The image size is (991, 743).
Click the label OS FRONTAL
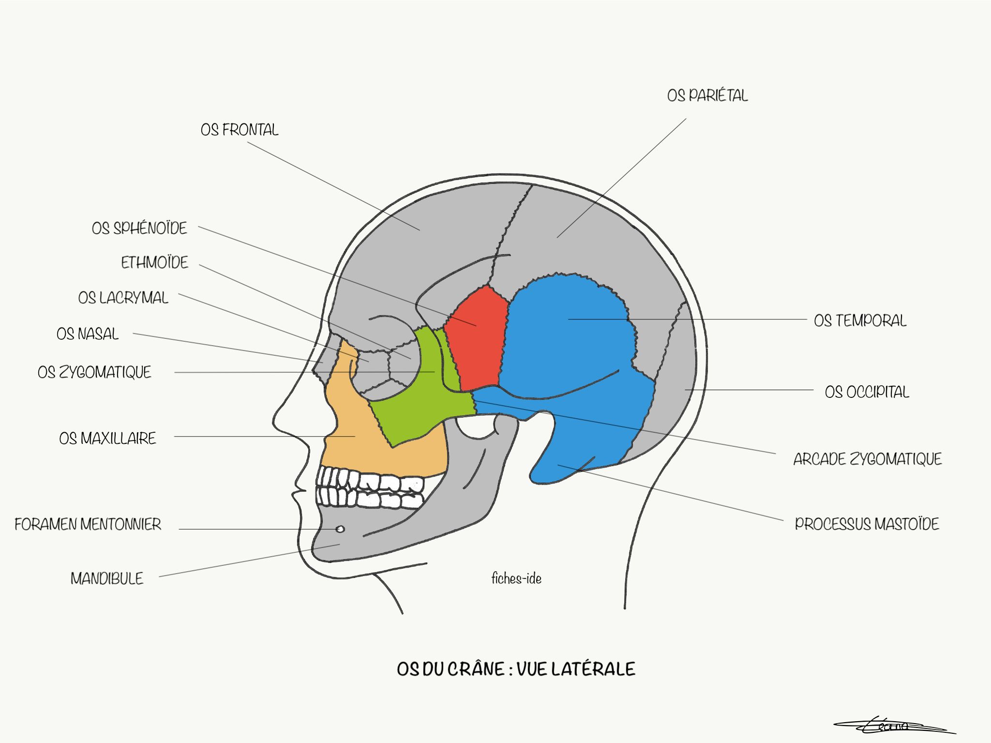[x=240, y=130]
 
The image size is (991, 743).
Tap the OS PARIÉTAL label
[x=707, y=95]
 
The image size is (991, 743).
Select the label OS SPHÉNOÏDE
[x=139, y=228]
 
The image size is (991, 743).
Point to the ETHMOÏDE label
[x=154, y=262]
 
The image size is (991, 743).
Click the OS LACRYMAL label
[x=123, y=298]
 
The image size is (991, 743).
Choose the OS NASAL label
[x=88, y=334]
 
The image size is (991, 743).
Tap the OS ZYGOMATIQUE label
[x=94, y=372]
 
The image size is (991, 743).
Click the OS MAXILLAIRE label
[x=107, y=439]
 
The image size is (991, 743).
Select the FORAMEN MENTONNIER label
[x=88, y=524]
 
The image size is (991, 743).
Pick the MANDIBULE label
[x=107, y=578]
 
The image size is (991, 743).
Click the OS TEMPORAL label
[x=860, y=320]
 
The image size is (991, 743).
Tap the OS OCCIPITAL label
[x=867, y=392]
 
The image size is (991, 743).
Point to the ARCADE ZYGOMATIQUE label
[x=867, y=459]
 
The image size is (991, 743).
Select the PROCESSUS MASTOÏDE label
[x=867, y=524]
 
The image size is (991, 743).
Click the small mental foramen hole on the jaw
[x=340, y=529]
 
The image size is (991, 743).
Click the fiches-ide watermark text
[x=516, y=578]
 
